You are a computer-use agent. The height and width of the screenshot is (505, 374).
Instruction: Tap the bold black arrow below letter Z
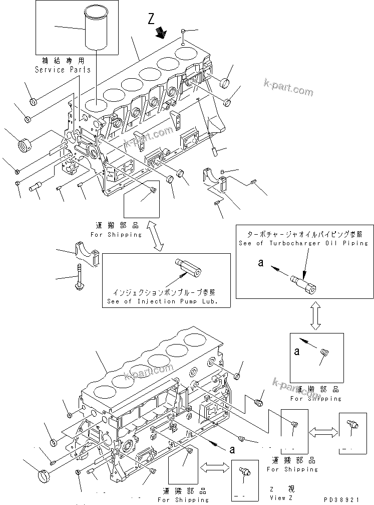tap(161, 33)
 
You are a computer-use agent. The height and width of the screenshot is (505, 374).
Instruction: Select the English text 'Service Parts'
tap(63, 70)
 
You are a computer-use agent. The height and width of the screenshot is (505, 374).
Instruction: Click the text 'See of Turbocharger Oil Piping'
tap(304, 243)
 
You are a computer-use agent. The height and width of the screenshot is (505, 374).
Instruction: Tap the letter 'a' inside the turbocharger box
tap(260, 262)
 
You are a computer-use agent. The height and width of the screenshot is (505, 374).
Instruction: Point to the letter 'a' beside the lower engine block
tap(231, 449)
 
